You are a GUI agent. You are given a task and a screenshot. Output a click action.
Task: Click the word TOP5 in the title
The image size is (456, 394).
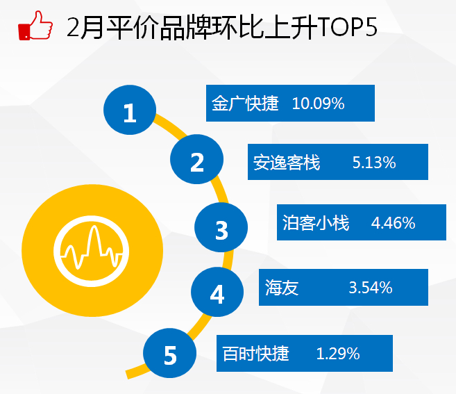347,27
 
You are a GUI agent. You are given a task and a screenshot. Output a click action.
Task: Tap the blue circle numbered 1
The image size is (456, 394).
130,110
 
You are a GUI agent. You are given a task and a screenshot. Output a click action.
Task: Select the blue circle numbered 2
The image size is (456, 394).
196,159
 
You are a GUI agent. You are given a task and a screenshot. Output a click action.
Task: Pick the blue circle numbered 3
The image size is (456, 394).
221,227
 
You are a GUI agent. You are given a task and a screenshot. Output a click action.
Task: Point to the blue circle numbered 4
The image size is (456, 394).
217,292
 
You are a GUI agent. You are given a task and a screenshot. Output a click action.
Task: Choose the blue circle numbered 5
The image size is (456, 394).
169,353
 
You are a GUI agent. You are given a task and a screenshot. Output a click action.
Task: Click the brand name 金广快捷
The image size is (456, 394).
245,103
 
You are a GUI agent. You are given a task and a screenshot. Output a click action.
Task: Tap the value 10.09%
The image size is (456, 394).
318,104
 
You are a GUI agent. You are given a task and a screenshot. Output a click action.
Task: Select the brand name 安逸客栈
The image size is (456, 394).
287,162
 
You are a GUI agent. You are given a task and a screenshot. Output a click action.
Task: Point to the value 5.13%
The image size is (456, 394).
374,163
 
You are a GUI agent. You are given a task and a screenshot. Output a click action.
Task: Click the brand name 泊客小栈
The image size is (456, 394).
316,223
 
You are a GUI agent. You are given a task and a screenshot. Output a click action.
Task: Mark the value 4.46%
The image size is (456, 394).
393,223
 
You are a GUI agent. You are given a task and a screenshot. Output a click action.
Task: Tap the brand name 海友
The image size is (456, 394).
282,288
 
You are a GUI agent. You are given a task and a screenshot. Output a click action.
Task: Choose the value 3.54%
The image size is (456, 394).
371,288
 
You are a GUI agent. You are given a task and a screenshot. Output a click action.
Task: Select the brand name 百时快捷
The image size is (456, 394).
255,354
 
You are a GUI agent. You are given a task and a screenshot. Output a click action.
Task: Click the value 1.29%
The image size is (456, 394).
338,354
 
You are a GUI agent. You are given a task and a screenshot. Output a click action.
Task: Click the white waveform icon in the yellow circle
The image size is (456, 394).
92,251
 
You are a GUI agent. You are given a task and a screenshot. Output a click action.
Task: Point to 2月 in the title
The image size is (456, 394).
85,27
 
